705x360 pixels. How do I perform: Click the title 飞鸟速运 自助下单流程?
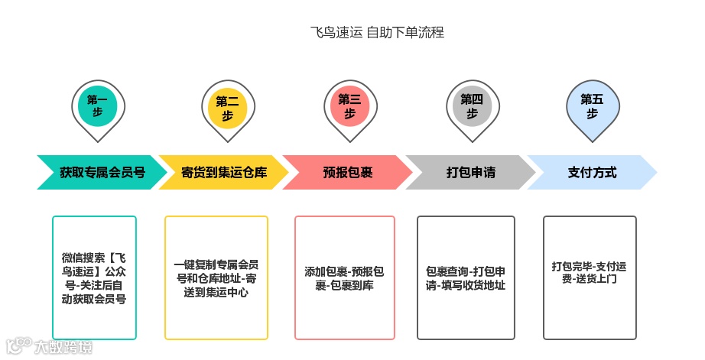pyautogui.click(x=377, y=32)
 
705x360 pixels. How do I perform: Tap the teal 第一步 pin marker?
pyautogui.click(x=98, y=107)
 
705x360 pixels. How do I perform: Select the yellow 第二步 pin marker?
pyautogui.click(x=227, y=108)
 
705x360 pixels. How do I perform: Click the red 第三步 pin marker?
pyautogui.click(x=349, y=106)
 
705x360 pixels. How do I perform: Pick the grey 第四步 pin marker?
pyautogui.click(x=472, y=106)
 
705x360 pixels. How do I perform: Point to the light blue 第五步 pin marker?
pyautogui.click(x=592, y=106)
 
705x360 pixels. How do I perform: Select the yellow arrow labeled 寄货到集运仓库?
pyautogui.click(x=224, y=172)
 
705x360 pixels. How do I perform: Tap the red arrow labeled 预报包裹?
pyautogui.click(x=348, y=172)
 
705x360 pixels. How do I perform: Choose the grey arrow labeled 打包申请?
pyautogui.click(x=470, y=172)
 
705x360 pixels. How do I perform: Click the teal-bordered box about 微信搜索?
pyautogui.click(x=94, y=277)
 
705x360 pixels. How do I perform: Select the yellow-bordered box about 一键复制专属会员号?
pyautogui.click(x=216, y=277)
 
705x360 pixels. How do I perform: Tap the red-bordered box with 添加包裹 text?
pyautogui.click(x=344, y=277)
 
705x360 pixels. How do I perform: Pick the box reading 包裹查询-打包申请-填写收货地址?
pyautogui.click(x=466, y=277)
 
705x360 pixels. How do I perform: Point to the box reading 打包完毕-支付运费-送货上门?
pyautogui.click(x=589, y=277)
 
